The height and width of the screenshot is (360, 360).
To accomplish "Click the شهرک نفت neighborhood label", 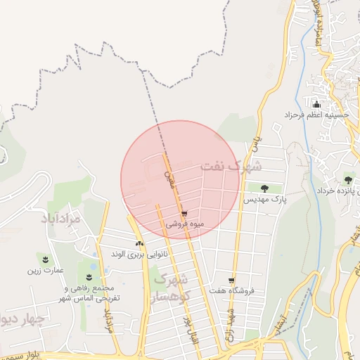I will [231, 167].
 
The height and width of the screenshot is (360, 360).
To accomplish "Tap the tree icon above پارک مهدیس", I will [264, 188].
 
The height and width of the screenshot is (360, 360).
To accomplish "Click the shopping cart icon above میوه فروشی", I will [184, 214].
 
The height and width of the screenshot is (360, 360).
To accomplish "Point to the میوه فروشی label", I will [185, 224].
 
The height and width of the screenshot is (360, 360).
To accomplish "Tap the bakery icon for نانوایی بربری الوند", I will [139, 243].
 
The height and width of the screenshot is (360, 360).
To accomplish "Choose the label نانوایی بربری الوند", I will [132, 253].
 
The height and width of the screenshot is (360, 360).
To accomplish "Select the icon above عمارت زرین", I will [46, 259].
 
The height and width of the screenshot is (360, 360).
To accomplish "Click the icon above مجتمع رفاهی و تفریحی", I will [89, 278].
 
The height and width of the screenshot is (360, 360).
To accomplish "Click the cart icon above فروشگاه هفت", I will [231, 280].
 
